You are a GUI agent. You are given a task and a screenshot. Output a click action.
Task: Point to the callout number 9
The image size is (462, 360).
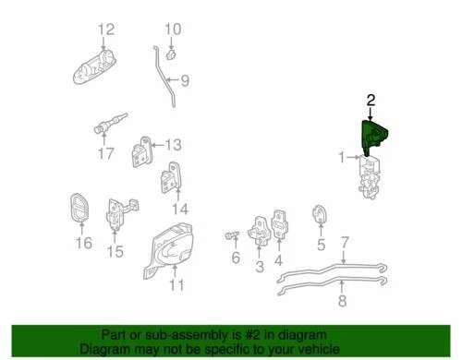point(184,81)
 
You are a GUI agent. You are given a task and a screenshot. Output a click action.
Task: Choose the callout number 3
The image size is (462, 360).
point(260,268)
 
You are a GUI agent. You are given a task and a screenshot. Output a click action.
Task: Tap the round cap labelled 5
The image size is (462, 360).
point(321,214)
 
